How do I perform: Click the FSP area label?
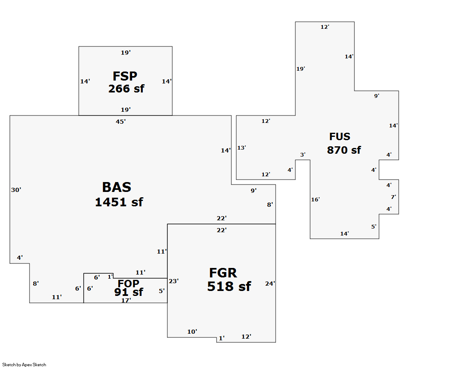point(125,76)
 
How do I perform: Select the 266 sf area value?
point(126,89)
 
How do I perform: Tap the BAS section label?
point(116,187)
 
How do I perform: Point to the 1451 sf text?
point(119,202)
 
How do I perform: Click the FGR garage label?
point(223,273)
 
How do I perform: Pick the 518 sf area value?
point(229,286)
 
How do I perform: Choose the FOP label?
point(128,284)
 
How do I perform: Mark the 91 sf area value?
point(129,292)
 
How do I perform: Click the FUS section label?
point(340,137)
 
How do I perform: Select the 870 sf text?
point(344,150)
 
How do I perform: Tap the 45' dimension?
point(121,122)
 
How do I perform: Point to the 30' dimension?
point(16,190)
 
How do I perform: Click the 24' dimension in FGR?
point(270,284)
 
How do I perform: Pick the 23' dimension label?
point(174,281)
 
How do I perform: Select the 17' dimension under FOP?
point(126,300)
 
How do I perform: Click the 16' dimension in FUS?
point(315,200)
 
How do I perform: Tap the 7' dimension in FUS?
point(393,197)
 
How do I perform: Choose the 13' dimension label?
point(242,148)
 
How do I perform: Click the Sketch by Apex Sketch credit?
point(24,365)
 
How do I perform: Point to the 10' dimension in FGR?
point(192,332)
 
